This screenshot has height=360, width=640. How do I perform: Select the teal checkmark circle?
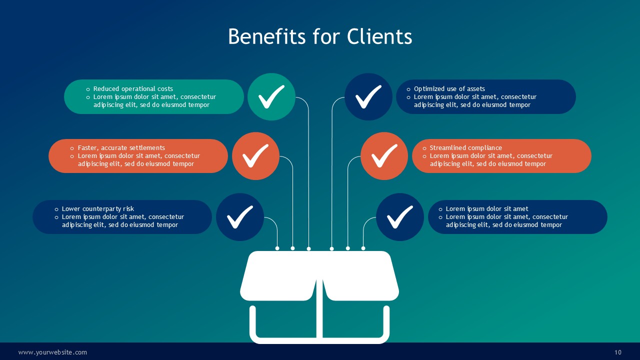point(271,97)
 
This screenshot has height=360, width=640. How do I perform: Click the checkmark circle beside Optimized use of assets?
point(368,97)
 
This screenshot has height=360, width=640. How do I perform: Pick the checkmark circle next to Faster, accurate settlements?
point(255,156)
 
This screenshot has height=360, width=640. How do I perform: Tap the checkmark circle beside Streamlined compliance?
point(384,156)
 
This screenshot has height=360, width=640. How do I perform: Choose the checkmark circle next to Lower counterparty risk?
point(240,217)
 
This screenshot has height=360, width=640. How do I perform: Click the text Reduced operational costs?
point(133,89)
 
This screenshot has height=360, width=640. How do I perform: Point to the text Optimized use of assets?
point(449,89)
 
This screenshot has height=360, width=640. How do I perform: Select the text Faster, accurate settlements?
point(121,148)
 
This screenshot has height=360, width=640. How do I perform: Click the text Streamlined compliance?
point(465,148)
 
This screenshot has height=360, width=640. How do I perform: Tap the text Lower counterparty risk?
point(98,209)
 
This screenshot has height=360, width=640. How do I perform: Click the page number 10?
point(618,352)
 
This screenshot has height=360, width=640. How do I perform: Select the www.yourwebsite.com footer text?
point(53,352)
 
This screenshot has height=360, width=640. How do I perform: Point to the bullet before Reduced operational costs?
point(88,89)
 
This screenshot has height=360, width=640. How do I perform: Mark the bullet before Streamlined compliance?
point(424,148)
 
